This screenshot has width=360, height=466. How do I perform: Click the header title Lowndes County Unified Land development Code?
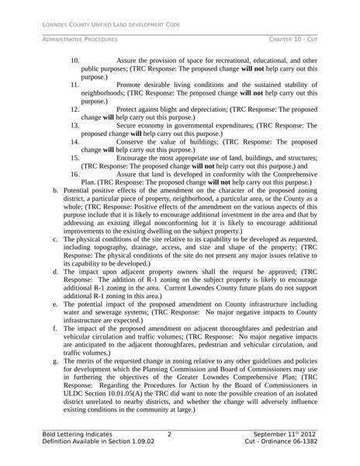pyautogui.click(x=112, y=25)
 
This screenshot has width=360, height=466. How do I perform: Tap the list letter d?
pyautogui.click(x=54, y=272)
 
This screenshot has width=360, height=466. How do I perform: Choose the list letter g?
pyautogui.click(x=54, y=362)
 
